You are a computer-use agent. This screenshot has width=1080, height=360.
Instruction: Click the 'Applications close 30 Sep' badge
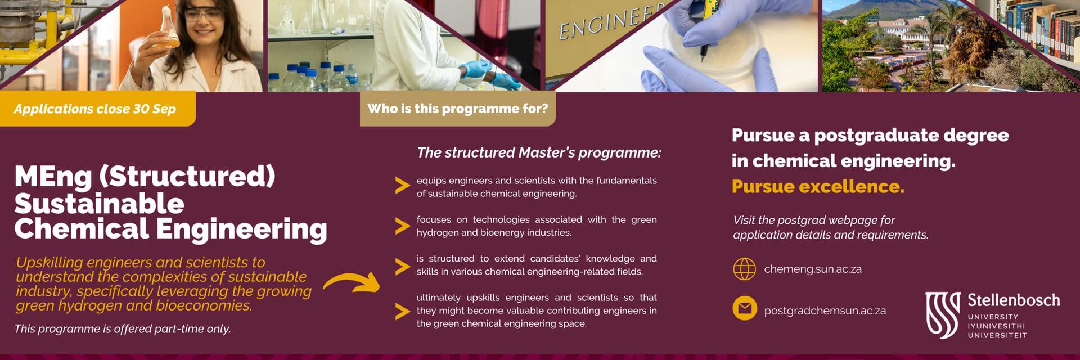coord(97,109)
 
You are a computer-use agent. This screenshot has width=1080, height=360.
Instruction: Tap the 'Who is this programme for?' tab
coord(457,109)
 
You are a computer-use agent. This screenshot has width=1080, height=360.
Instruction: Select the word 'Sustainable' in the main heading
coord(99,203)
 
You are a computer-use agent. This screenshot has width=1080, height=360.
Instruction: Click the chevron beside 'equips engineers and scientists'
coord(402,186)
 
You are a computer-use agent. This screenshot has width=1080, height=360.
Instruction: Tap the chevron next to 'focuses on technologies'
coord(402,226)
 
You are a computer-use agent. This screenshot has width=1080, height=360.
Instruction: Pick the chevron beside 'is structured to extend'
coord(402,266)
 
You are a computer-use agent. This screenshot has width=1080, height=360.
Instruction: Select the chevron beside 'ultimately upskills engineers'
coord(402,311)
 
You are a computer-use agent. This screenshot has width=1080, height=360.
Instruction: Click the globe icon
coord(745,269)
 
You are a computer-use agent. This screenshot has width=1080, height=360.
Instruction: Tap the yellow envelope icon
coord(745,308)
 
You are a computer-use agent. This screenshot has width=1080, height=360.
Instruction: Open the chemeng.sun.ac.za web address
coord(813,269)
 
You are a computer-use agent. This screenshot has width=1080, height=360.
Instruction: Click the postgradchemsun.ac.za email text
coord(825,310)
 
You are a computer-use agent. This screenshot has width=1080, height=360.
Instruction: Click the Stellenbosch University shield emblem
coord(943,315)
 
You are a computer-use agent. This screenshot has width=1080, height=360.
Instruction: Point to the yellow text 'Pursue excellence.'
coord(818,186)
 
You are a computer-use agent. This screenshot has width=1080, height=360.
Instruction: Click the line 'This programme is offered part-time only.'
coord(123,328)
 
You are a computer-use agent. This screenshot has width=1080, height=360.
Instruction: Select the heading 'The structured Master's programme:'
coord(539,152)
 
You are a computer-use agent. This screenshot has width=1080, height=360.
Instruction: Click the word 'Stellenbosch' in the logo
coord(1014,300)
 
